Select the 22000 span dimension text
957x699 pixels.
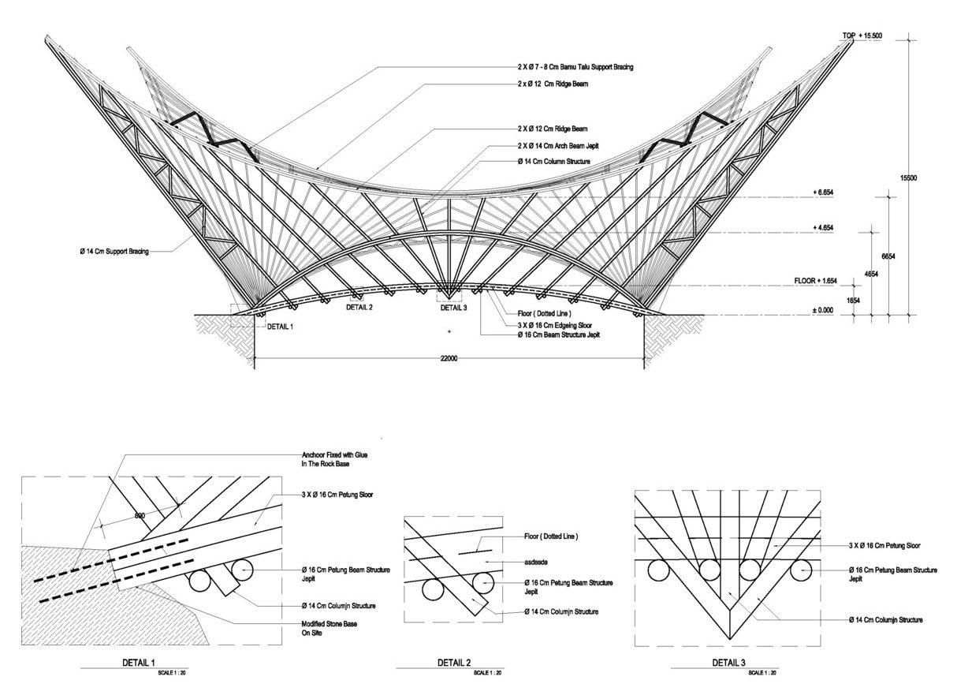(x=449, y=359)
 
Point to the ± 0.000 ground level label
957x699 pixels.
(x=824, y=310)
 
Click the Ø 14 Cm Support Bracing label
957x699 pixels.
(x=114, y=252)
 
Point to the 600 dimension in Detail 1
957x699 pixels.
(x=140, y=516)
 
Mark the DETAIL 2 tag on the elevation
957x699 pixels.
(x=359, y=307)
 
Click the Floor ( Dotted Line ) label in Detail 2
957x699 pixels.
(x=551, y=536)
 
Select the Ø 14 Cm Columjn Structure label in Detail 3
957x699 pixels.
(x=885, y=620)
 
